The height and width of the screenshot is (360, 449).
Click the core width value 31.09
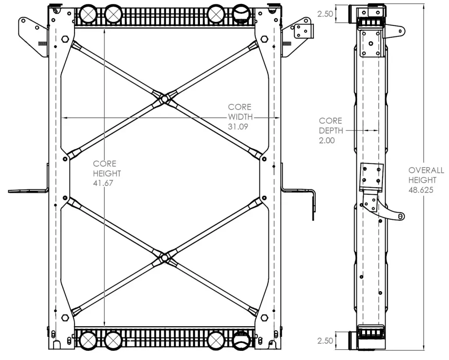[x=238, y=127]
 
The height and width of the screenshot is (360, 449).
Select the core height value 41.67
[x=103, y=183]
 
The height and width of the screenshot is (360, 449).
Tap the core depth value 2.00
[x=327, y=140]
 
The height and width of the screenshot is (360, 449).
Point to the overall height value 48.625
[x=420, y=190]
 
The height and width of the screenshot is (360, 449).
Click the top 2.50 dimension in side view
[x=325, y=14]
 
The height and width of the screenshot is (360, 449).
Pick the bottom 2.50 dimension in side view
[x=325, y=341]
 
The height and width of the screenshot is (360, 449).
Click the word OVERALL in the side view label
[x=426, y=171]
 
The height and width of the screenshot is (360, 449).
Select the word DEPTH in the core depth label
[x=331, y=131]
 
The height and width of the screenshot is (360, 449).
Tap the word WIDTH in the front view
[x=241, y=117]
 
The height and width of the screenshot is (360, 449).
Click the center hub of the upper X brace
[x=164, y=99]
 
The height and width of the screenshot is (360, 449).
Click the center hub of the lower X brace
[x=164, y=258]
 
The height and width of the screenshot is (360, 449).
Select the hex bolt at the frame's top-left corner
[x=65, y=39]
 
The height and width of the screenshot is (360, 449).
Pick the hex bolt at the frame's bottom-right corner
[x=264, y=318]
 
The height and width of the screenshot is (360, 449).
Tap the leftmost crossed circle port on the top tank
[x=87, y=14]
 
